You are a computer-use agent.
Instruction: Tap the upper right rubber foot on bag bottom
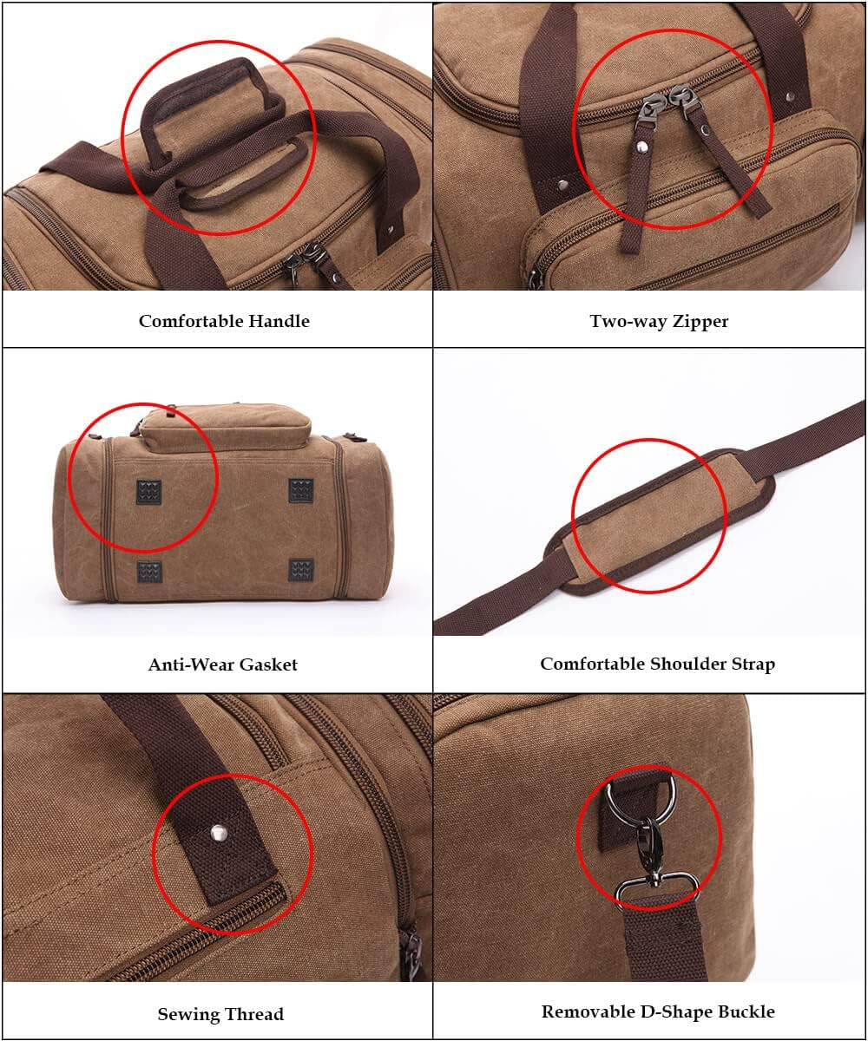click(301, 491)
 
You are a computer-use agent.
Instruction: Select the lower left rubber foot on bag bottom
click(149, 571)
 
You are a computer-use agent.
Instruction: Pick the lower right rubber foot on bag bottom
click(301, 570)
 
